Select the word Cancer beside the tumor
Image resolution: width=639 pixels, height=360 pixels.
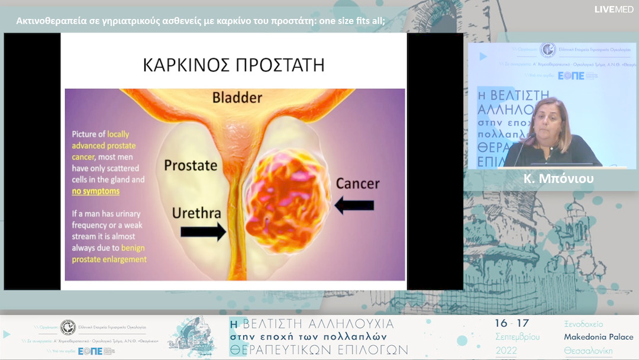click(357, 184)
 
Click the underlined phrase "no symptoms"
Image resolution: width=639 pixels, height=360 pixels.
click(95, 191)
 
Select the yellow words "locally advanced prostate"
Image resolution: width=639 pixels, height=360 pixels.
click(104, 140)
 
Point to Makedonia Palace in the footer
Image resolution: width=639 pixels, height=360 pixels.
click(598, 337)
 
